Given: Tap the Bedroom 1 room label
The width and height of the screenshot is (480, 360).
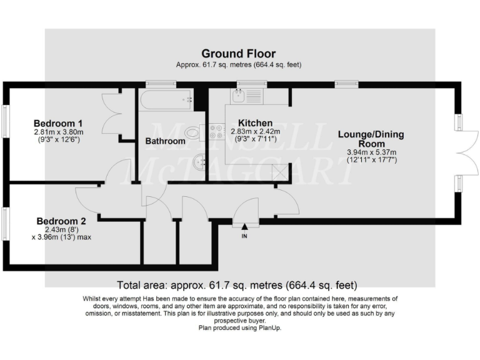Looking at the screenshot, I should [58, 123].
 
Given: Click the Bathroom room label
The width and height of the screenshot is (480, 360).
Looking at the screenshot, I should [165, 141].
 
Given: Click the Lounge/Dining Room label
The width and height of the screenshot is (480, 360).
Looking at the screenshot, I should [371, 139].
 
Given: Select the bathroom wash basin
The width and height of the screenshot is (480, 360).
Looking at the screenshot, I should [198, 161].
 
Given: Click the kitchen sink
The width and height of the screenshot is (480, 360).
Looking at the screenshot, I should [239, 96].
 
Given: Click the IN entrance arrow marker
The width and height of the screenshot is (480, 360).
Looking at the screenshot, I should [244, 232].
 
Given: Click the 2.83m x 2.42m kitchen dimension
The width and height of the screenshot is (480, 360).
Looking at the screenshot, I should [254, 132].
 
